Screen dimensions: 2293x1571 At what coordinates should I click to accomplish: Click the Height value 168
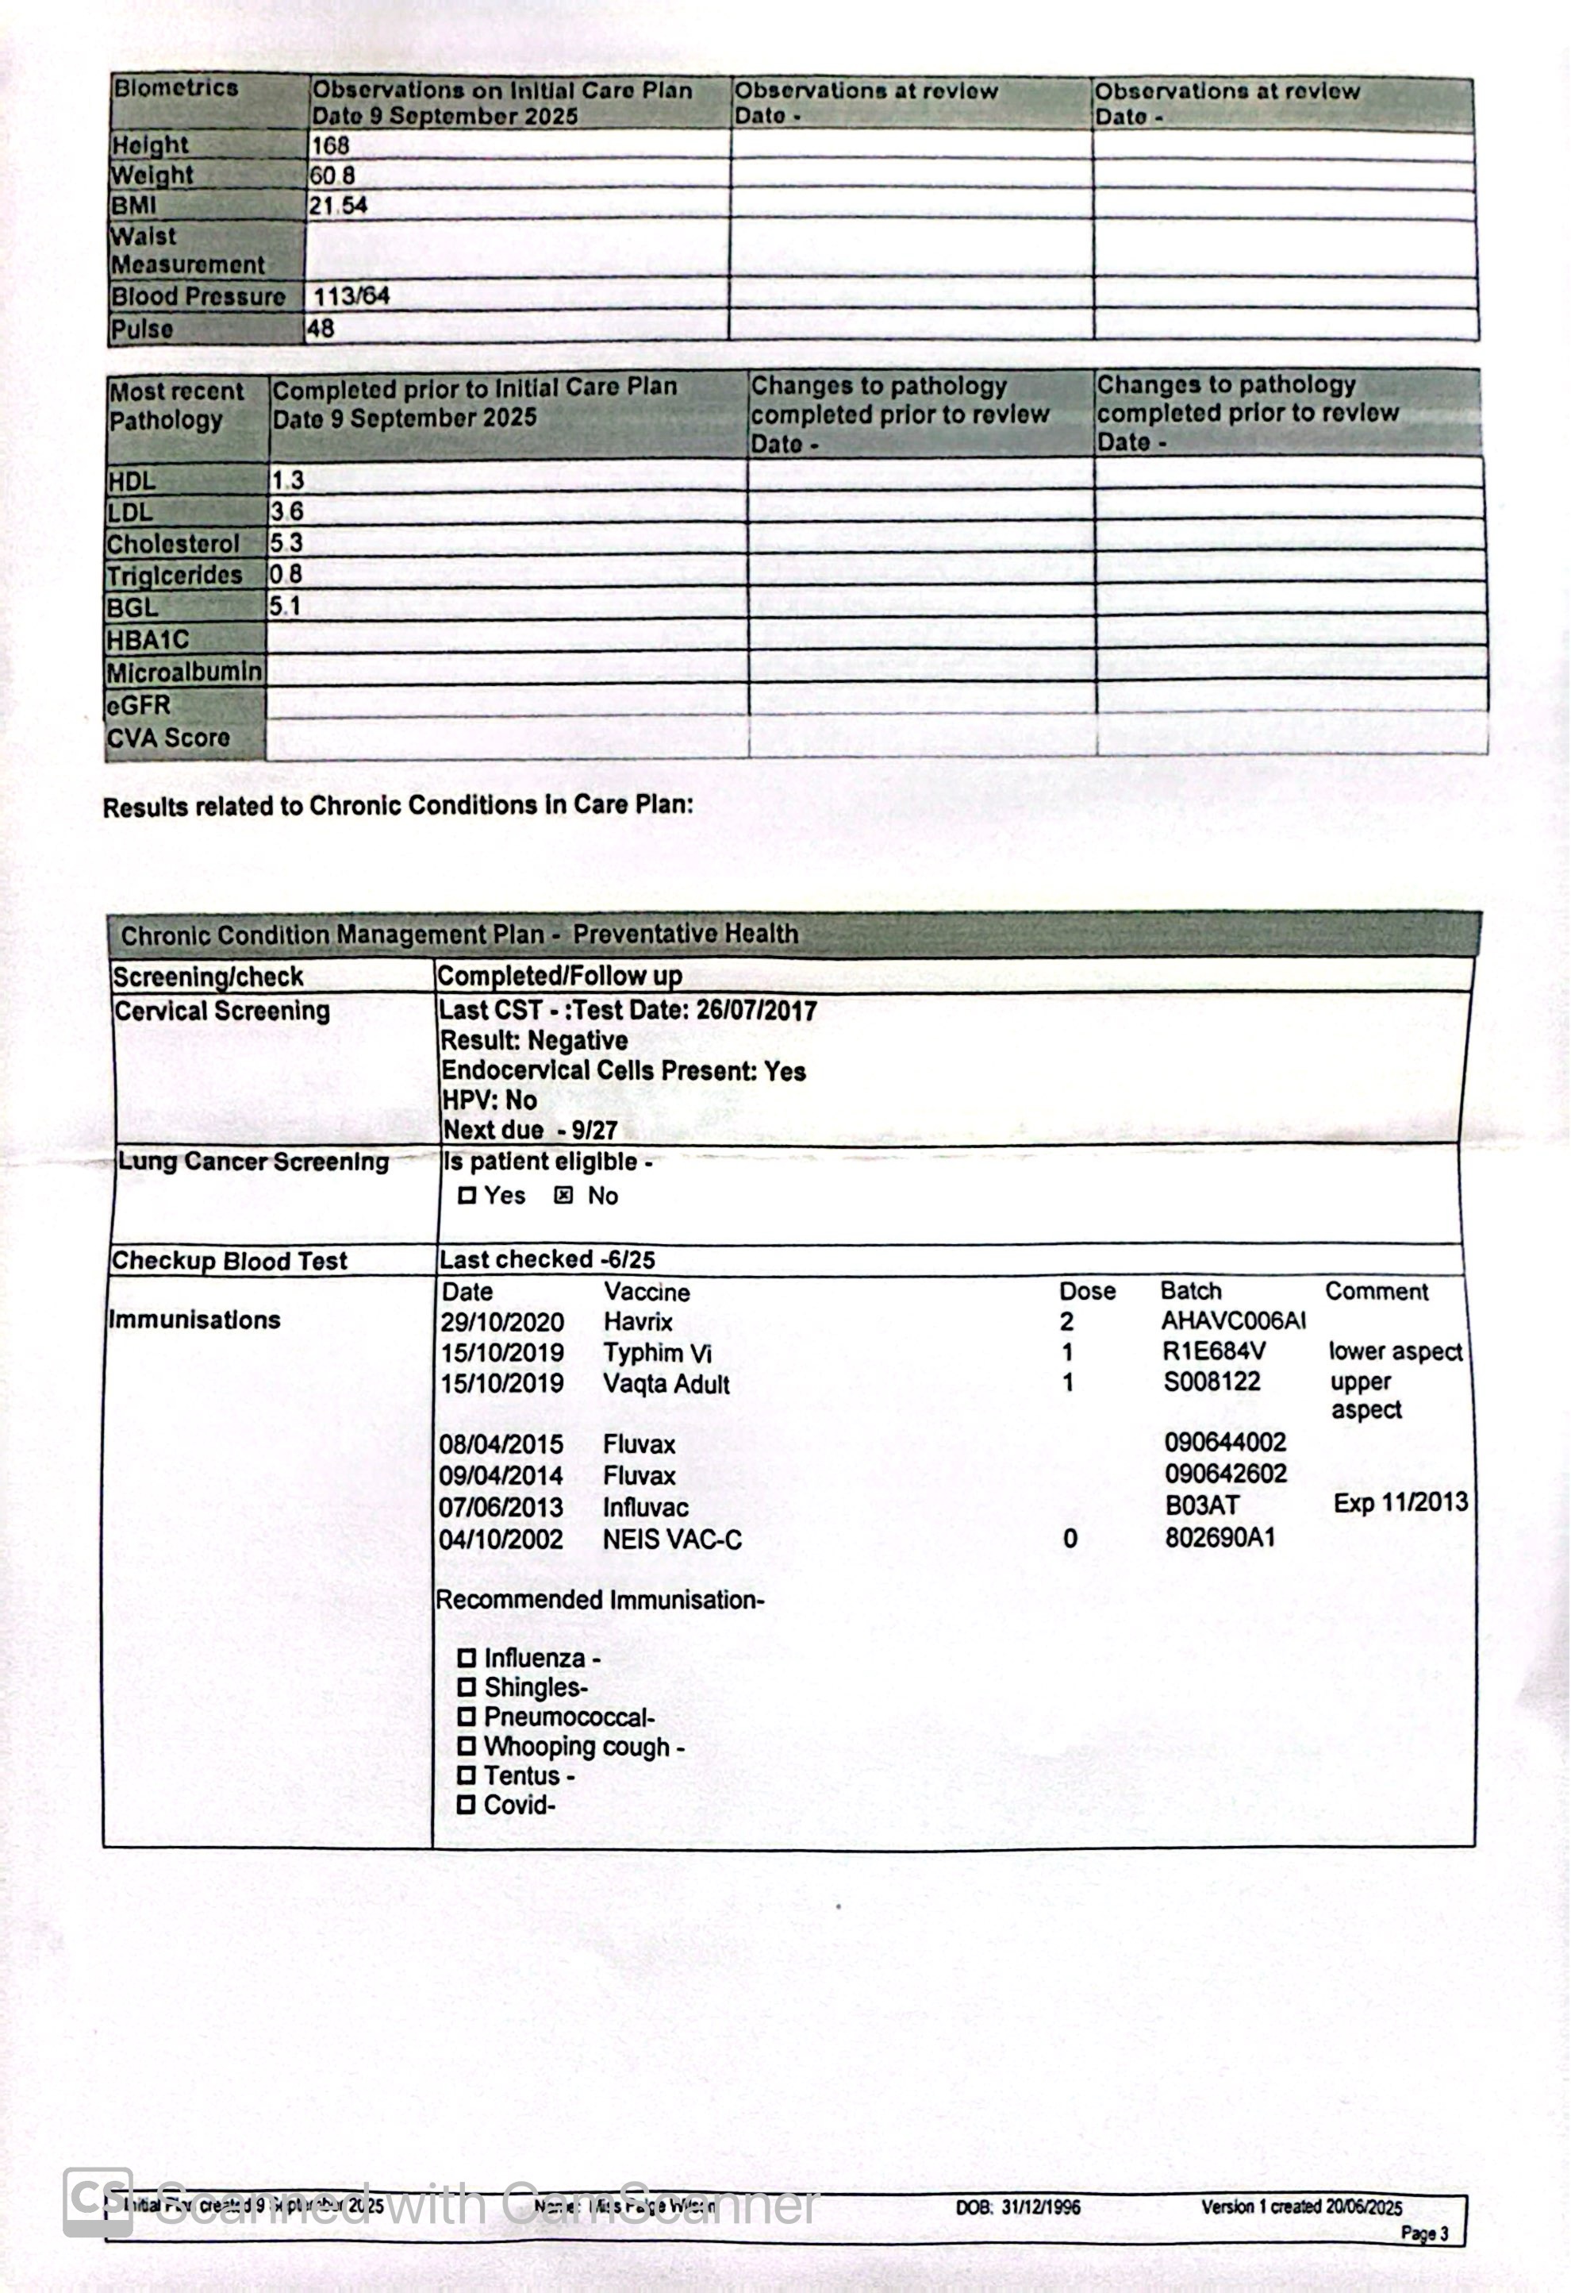[329, 146]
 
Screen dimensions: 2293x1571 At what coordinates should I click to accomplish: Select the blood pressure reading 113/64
[351, 296]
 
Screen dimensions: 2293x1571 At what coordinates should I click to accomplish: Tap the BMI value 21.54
[337, 206]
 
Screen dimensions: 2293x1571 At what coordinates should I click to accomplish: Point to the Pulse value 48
[320, 329]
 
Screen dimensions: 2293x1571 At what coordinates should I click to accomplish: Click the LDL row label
[130, 512]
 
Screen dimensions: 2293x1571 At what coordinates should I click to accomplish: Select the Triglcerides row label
[175, 575]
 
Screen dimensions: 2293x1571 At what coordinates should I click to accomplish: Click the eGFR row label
[139, 706]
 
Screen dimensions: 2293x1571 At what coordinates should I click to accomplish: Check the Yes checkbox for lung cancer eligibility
[467, 1196]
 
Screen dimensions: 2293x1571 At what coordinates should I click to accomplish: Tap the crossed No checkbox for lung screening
[563, 1196]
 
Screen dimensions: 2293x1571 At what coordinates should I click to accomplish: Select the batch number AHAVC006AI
[1233, 1321]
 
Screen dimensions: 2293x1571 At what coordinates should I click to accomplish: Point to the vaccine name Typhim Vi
[657, 1353]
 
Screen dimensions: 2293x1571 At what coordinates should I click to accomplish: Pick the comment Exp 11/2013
[1400, 1503]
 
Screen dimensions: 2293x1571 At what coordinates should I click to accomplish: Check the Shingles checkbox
[467, 1687]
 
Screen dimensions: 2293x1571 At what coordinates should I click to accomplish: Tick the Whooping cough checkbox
[467, 1747]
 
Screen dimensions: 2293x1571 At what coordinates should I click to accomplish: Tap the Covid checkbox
[467, 1805]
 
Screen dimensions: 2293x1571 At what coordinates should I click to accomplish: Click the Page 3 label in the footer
[1424, 2233]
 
